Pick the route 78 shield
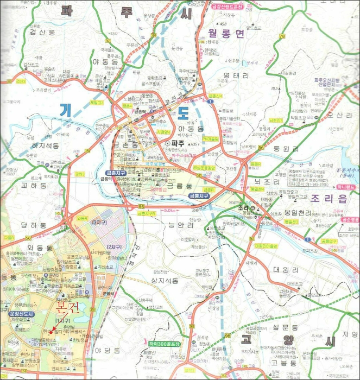click(x=282, y=36)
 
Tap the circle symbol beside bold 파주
click(x=167, y=142)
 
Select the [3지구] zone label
click(x=98, y=223)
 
